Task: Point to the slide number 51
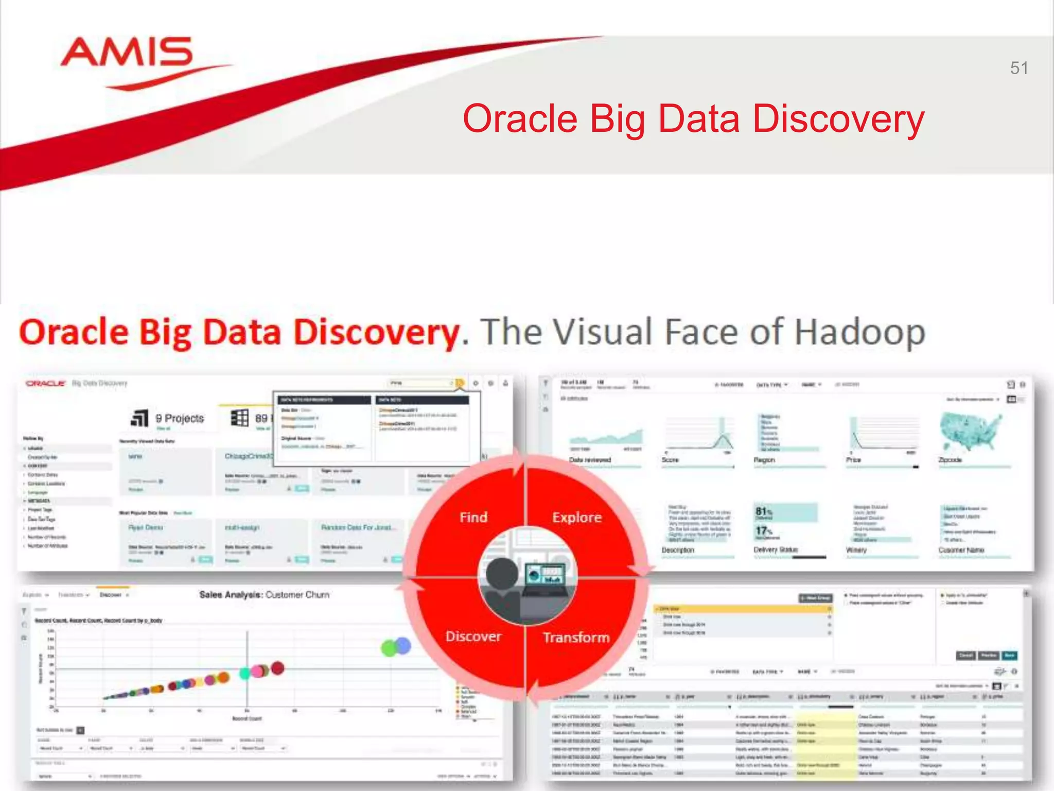(x=1018, y=68)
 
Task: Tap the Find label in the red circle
(x=473, y=517)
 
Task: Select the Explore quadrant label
(x=576, y=517)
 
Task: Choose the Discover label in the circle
(x=473, y=637)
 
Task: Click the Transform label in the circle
(x=576, y=638)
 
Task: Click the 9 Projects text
(x=180, y=418)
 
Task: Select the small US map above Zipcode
(x=971, y=432)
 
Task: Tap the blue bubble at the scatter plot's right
(x=402, y=645)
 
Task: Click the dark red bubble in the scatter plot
(x=277, y=668)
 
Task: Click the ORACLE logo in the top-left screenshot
(x=46, y=383)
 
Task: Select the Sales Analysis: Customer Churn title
(x=264, y=595)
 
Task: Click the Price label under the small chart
(x=853, y=459)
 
